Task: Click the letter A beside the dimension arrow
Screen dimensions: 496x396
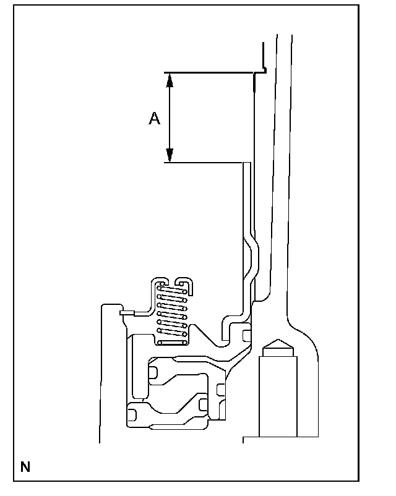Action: [155, 118]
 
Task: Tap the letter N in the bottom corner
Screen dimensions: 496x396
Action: [25, 467]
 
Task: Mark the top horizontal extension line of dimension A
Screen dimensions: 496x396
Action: [210, 72]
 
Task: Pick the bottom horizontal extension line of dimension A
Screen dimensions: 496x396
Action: [204, 163]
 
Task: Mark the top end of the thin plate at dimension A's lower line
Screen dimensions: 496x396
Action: [246, 165]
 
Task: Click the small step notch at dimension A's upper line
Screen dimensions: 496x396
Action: [262, 71]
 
